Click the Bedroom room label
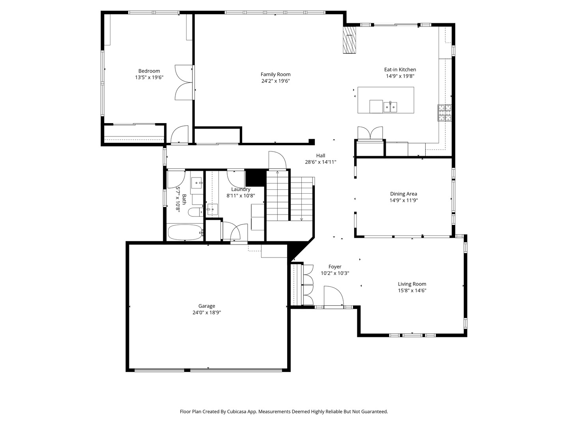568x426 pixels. tap(149, 71)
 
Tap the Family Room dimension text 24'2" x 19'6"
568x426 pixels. tap(275, 81)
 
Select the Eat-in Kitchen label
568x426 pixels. tap(400, 69)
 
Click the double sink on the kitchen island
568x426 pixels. tap(390, 107)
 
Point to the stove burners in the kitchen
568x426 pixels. tap(445, 113)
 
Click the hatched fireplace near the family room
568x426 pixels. tap(349, 40)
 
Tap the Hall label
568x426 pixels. tap(320, 156)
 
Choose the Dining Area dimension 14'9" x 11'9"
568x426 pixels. tap(404, 200)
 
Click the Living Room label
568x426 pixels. tap(412, 284)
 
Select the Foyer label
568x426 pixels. tap(335, 267)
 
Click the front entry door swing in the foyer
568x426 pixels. tap(334, 296)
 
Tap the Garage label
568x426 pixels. tap(207, 306)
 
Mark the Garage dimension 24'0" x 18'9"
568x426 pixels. tap(207, 312)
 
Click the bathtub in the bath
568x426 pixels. tap(185, 232)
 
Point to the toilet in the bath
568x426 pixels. tap(196, 212)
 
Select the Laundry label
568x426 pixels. tap(241, 189)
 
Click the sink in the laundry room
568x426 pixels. tap(212, 209)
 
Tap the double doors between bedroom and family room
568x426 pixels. tap(184, 82)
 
